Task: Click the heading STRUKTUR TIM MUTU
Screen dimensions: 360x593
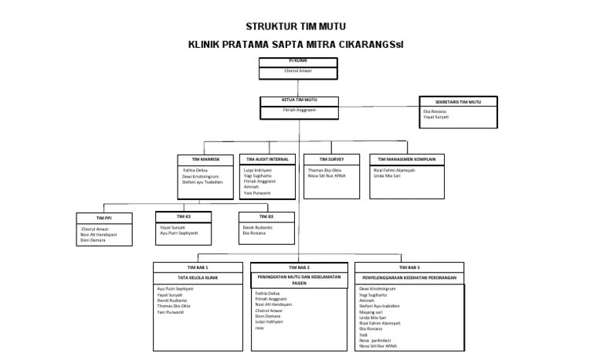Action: [x=296, y=25]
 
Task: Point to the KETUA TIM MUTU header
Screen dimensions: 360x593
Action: [x=299, y=100]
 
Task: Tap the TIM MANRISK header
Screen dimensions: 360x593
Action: [x=205, y=158]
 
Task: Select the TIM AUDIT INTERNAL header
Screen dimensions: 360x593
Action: [x=267, y=158]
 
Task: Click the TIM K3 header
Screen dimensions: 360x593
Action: [x=182, y=216]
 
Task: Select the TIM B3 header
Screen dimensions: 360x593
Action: [x=266, y=216]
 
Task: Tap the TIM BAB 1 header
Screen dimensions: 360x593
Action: [x=198, y=267]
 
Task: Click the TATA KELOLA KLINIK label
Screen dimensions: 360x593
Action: [x=198, y=277]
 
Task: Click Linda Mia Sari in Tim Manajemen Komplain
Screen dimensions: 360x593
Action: [x=390, y=176]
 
